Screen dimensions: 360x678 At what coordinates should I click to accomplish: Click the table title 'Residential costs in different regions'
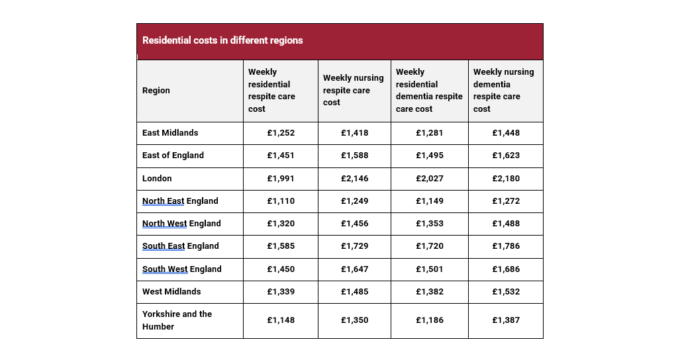point(222,40)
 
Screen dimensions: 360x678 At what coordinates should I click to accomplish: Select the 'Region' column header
point(156,91)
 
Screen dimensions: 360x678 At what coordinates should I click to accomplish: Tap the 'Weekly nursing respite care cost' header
point(354,91)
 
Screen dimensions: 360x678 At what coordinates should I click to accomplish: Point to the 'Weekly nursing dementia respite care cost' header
point(503,91)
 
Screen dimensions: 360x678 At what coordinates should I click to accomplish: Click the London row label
point(157,179)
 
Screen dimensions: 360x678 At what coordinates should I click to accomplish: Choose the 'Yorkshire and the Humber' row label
point(177,320)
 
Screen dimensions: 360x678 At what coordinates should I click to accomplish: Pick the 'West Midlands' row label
point(171,292)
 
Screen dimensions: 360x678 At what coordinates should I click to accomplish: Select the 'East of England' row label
point(173,156)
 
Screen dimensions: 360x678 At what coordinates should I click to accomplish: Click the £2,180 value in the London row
point(506,179)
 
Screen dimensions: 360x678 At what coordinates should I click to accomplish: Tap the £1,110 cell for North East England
point(281,201)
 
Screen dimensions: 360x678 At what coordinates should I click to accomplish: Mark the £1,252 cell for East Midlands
point(281,133)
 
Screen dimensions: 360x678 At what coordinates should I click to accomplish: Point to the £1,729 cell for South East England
point(355,246)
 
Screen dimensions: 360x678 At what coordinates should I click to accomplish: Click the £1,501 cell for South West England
point(430,269)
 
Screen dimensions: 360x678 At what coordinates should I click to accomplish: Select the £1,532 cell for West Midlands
point(506,292)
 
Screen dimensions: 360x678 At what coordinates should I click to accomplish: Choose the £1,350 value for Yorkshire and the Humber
point(355,320)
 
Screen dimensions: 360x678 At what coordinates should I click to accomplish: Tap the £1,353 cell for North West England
point(430,224)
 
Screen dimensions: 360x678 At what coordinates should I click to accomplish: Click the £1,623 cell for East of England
point(506,156)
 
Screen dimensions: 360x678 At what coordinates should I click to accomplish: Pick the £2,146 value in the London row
point(355,179)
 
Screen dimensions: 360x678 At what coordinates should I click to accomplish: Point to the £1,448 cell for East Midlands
point(506,133)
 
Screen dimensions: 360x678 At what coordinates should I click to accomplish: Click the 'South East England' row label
point(180,246)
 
